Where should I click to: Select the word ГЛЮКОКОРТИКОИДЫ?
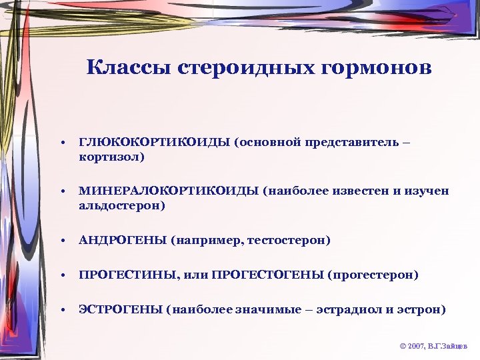click(154, 143)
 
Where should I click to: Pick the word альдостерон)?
click(122, 205)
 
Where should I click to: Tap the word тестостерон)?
click(289, 240)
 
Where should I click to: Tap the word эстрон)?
click(422, 309)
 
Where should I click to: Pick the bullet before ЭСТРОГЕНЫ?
click(61, 310)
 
